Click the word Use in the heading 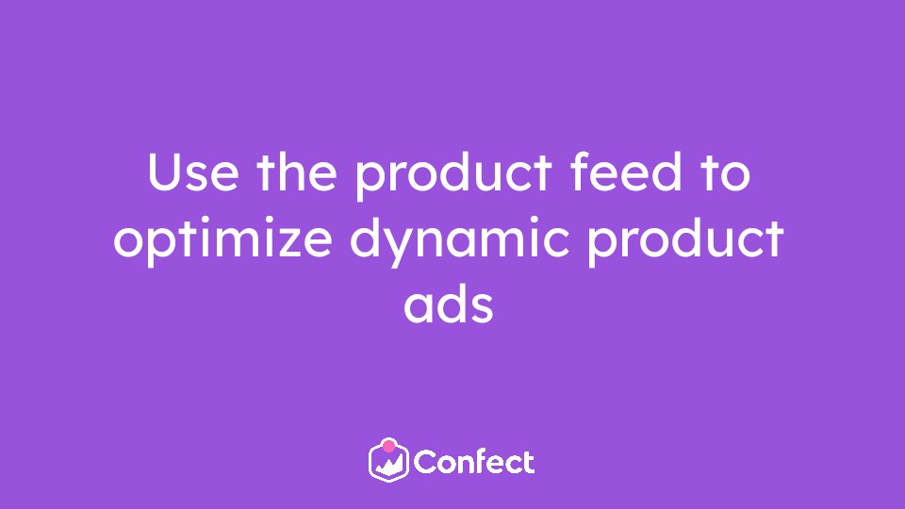pos(192,172)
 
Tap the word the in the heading pos(297,171)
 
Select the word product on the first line pos(453,176)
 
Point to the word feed pos(626,171)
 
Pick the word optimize pos(222,241)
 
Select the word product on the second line pos(685,241)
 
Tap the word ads pos(449,304)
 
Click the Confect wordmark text pos(474,462)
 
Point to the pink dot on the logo pos(389,446)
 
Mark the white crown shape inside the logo pos(389,465)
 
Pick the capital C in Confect pos(426,462)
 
